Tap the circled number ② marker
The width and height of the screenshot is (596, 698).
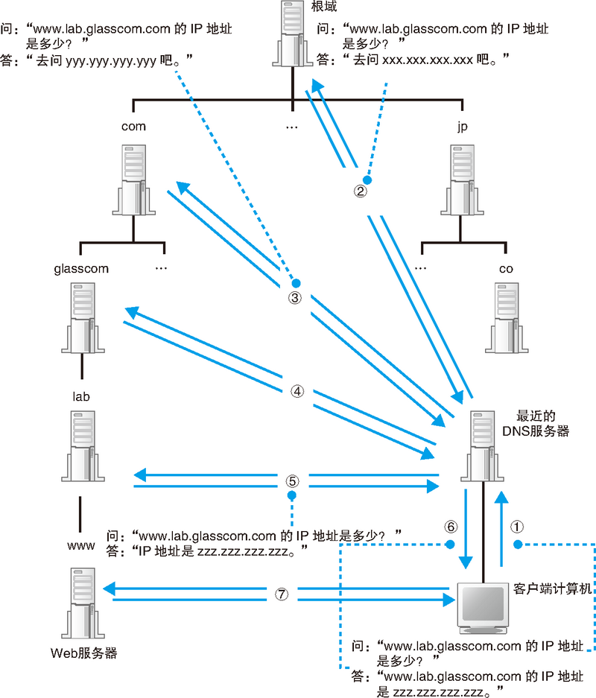[360, 190]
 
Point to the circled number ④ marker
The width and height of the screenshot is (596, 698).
[297, 390]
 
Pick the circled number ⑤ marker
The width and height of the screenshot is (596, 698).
[292, 480]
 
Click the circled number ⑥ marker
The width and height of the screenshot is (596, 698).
[449, 525]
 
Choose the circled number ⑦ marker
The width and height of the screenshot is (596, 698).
[281, 594]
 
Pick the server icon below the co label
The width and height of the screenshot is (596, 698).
[506, 317]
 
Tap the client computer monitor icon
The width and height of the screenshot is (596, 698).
[483, 605]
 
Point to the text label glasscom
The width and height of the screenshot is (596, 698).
[82, 268]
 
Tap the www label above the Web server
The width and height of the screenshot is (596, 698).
[80, 545]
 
